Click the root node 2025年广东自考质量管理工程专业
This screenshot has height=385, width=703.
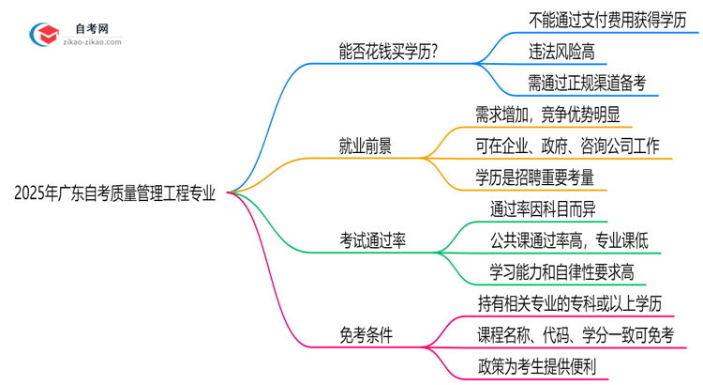click(x=114, y=193)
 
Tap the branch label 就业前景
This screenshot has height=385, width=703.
click(x=365, y=146)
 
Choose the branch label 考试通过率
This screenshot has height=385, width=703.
click(x=372, y=240)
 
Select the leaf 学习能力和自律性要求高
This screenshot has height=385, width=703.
click(x=562, y=271)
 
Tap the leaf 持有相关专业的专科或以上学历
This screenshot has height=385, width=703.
click(x=576, y=302)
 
